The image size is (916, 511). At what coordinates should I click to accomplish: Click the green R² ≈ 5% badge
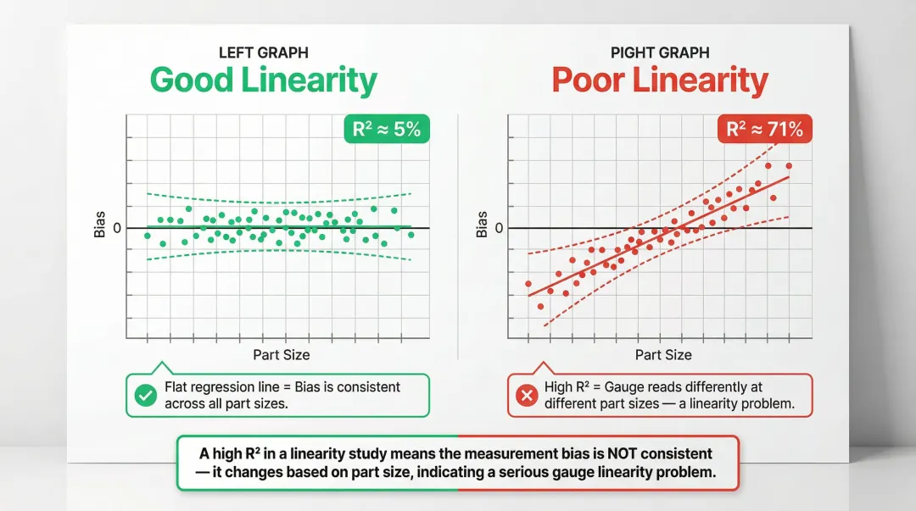tap(387, 131)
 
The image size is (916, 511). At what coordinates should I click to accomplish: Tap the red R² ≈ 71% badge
tap(764, 131)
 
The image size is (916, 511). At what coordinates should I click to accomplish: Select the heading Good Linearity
tap(263, 81)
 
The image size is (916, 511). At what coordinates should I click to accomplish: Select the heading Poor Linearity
tap(660, 81)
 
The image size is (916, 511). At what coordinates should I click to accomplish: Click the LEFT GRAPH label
tap(263, 53)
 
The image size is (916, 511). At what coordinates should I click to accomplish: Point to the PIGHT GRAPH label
tap(660, 53)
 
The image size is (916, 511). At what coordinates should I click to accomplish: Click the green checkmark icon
tap(146, 395)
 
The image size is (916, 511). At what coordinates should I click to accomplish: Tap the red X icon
tap(527, 395)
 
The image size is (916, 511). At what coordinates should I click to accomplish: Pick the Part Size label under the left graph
tap(281, 355)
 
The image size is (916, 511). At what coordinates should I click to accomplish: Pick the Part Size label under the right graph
tap(663, 355)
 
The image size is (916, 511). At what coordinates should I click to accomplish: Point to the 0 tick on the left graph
tap(117, 228)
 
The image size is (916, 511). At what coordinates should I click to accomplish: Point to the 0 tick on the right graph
tap(499, 228)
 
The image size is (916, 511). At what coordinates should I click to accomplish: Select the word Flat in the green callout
tap(178, 387)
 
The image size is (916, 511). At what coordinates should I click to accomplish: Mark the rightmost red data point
tap(789, 166)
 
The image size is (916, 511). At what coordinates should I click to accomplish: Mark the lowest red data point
tap(540, 307)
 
